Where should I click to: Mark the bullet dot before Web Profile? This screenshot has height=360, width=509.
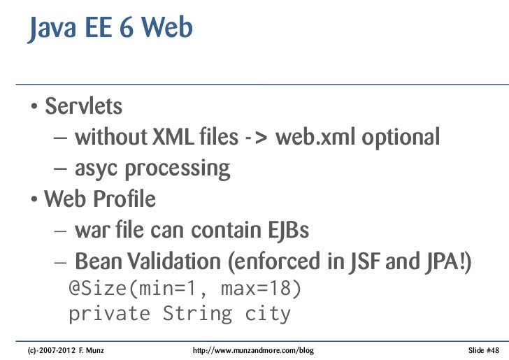[34, 201]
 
